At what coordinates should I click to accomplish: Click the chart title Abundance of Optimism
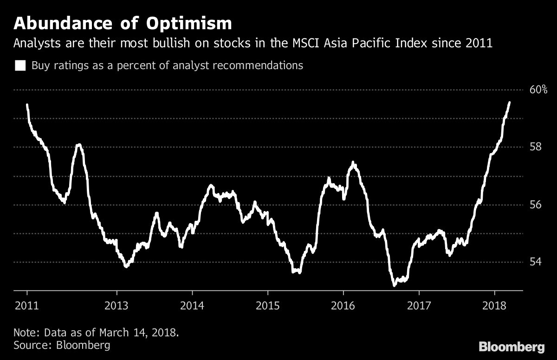point(123,23)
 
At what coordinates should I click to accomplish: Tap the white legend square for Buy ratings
point(20,65)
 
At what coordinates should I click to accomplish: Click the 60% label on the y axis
point(539,90)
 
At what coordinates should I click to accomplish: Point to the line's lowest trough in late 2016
point(394,285)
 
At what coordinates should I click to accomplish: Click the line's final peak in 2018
point(510,103)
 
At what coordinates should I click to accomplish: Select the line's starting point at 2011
point(27,105)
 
